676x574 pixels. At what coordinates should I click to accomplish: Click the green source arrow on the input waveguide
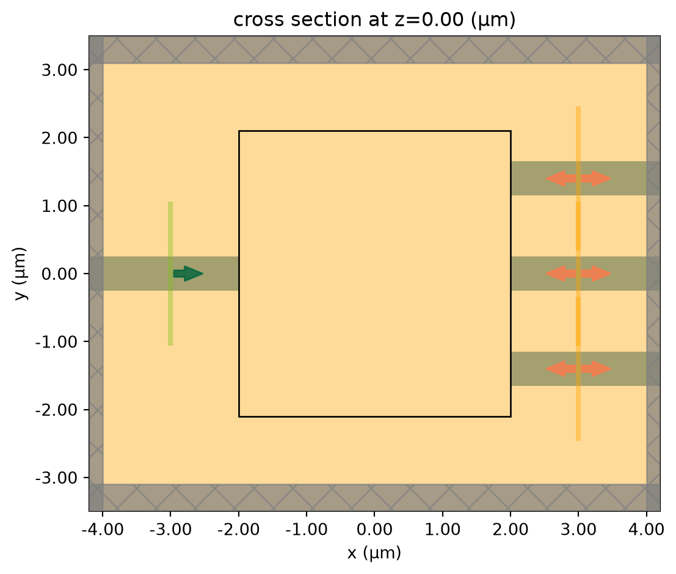pos(188,274)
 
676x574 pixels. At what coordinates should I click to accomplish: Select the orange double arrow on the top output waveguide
pos(578,178)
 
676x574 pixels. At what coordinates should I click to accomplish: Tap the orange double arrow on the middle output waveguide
pos(578,274)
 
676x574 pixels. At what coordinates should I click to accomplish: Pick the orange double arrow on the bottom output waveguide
pos(578,369)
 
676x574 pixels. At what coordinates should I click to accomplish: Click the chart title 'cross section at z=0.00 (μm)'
pos(374,20)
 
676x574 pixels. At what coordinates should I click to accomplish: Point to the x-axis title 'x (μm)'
pos(374,553)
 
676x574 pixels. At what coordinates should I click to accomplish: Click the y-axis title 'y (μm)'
pos(20,274)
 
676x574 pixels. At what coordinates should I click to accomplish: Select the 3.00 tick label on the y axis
pos(59,70)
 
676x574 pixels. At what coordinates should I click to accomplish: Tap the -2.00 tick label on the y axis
pos(56,410)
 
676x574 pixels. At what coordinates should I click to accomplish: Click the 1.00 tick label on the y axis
pos(59,206)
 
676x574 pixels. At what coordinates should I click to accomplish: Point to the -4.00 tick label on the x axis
pos(103,529)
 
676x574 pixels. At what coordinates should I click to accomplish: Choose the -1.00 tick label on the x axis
pos(307,529)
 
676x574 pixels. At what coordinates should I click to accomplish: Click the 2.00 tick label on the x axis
pos(511,529)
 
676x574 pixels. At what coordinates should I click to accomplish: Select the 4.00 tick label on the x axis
pos(646,529)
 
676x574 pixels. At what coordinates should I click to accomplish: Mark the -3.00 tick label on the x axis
pos(171,529)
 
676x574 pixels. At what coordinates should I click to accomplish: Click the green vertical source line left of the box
pos(170,274)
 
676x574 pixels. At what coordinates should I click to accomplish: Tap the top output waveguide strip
pos(586,178)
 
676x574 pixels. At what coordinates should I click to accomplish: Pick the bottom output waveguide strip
pos(586,369)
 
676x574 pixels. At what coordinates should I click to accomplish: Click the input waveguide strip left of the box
pos(164,274)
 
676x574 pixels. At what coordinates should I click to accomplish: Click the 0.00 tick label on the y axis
pos(59,274)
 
